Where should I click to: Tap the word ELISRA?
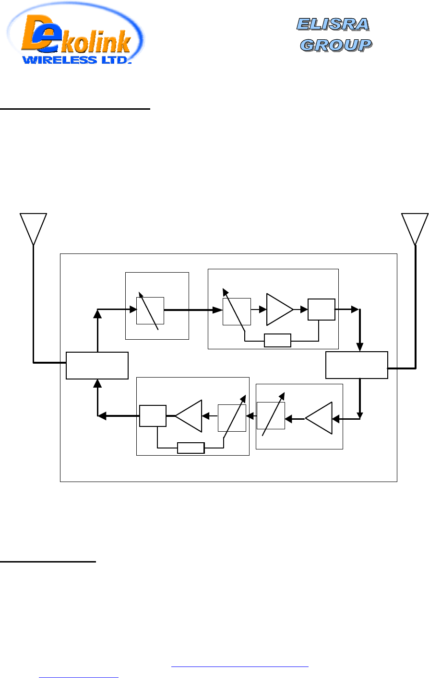(x=333, y=23)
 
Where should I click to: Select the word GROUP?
(x=336, y=45)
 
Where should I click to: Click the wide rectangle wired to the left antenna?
(x=97, y=365)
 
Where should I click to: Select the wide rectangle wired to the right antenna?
(x=357, y=365)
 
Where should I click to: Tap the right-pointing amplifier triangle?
(x=278, y=310)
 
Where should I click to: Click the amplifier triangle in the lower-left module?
(x=190, y=416)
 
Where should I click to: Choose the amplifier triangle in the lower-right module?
(x=320, y=418)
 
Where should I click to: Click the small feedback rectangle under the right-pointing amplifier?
(x=277, y=340)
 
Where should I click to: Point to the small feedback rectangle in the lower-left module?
(x=191, y=448)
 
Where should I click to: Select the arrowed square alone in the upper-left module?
(x=150, y=310)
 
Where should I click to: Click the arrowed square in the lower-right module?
(x=271, y=416)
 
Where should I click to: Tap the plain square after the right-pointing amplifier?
(x=321, y=310)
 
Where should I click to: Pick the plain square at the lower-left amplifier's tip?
(x=153, y=416)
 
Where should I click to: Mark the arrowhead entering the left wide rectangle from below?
(x=97, y=382)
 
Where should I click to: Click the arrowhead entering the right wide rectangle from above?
(x=360, y=348)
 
